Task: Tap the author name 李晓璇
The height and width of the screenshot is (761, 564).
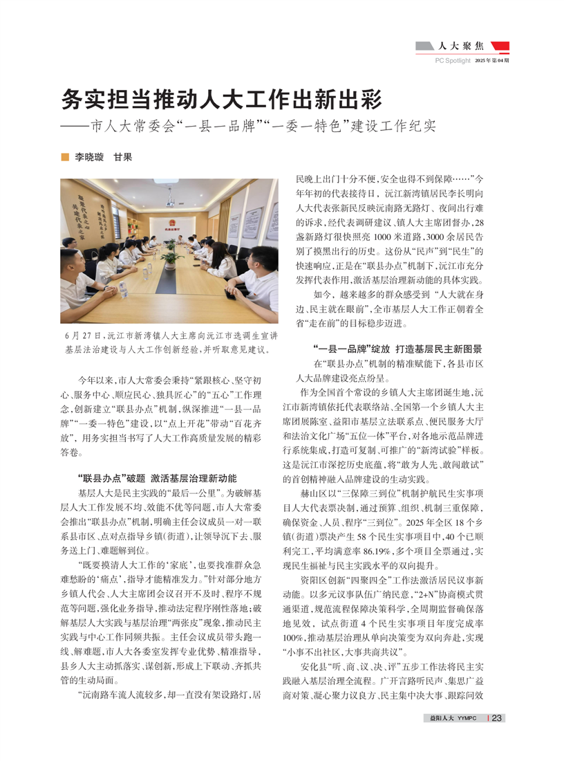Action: (89, 157)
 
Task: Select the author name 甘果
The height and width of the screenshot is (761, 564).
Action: (123, 157)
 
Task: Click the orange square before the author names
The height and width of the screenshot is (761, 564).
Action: (65, 157)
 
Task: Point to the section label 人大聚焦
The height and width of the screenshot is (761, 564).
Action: (465, 47)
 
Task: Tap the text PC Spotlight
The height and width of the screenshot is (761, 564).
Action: (452, 61)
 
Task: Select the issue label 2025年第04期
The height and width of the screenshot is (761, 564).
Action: (491, 61)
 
